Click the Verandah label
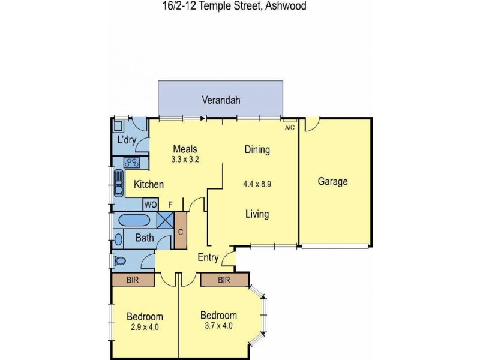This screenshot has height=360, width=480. point(221,100)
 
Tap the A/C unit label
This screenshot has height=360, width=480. point(289,128)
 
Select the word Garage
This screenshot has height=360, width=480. point(332,182)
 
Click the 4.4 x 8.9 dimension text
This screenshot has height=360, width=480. point(257,184)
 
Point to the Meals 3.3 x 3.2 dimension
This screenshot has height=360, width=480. point(185,160)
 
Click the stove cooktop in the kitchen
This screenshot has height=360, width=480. point(132,162)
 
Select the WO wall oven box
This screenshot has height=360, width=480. point(150,205)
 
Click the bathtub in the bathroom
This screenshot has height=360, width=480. point(136,220)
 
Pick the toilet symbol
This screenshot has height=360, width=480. point(119,261)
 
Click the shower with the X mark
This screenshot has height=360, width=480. point(164,220)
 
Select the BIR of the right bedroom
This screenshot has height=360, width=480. point(224,280)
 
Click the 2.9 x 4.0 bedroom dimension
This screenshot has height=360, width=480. point(145,327)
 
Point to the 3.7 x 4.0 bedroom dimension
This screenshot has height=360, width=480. point(218,326)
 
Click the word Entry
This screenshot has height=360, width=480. point(208,258)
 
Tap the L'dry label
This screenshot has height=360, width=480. point(127,140)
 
